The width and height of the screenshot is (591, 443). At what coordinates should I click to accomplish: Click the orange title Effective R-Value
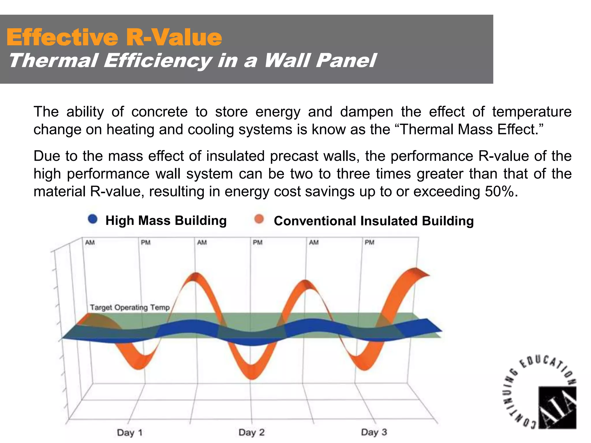tap(114, 37)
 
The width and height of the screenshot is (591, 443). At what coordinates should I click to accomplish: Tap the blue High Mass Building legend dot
tap(93, 219)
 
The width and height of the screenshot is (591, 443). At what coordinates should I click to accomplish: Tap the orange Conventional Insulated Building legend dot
tap(259, 219)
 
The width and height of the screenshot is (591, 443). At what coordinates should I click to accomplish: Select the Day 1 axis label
tap(130, 433)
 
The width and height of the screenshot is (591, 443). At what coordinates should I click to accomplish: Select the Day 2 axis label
tap(251, 432)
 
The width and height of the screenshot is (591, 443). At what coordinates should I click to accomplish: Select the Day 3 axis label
tap(374, 432)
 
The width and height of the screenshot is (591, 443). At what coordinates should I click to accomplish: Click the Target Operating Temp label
tap(130, 307)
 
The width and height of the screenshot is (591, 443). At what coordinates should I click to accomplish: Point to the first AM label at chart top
tap(90, 243)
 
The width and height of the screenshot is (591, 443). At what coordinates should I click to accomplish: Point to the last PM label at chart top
tap(369, 242)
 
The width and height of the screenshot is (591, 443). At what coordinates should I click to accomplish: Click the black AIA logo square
tap(557, 407)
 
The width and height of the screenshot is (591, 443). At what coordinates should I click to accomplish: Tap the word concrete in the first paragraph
tap(159, 112)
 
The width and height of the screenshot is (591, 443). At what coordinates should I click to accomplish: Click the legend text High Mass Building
tap(166, 220)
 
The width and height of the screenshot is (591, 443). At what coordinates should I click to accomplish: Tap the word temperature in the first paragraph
tap(532, 112)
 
